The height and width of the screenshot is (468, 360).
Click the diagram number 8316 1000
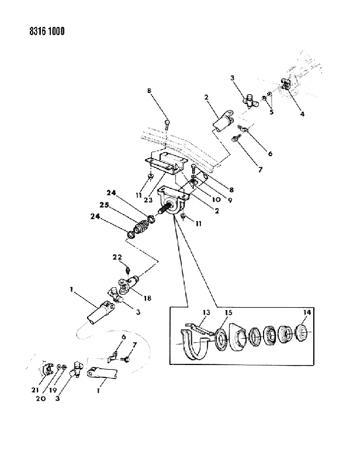pyautogui.click(x=47, y=31)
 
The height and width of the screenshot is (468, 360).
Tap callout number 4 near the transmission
pyautogui.click(x=302, y=113)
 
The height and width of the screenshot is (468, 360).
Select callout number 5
pyautogui.click(x=271, y=112)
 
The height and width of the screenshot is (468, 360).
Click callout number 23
pyautogui.click(x=148, y=199)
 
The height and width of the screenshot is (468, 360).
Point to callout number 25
pyautogui.click(x=104, y=205)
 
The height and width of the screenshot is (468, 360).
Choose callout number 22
pyautogui.click(x=117, y=257)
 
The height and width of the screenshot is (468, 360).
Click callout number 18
pyautogui.click(x=148, y=298)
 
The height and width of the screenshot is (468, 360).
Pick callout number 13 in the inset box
pyautogui.click(x=206, y=312)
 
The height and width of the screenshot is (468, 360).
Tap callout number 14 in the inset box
pyautogui.click(x=307, y=312)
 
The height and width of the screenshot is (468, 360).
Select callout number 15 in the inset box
pyautogui.click(x=229, y=312)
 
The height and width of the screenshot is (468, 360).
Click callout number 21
pyautogui.click(x=35, y=390)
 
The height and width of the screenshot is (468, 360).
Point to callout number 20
pyautogui.click(x=41, y=398)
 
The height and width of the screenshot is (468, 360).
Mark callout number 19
pyautogui.click(x=53, y=390)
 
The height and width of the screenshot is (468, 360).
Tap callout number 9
pyautogui.click(x=230, y=201)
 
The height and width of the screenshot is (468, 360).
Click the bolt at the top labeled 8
pyautogui.click(x=167, y=124)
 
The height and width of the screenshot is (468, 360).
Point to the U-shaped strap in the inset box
pyautogui.click(x=193, y=345)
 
